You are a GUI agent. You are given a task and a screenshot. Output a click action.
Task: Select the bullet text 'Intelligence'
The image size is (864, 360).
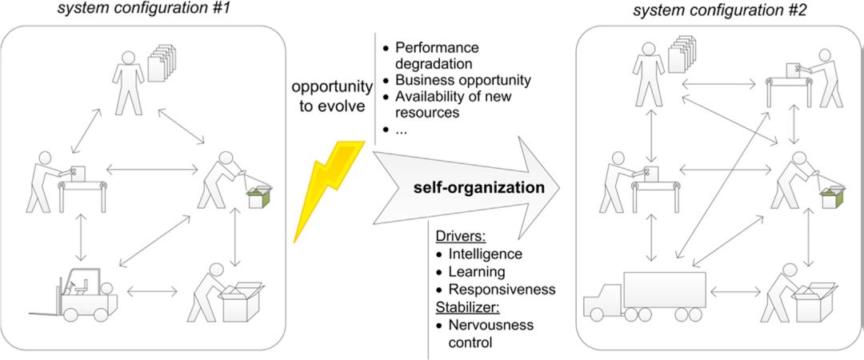click(485, 254)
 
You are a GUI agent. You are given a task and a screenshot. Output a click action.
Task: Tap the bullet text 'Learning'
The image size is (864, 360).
click(477, 272)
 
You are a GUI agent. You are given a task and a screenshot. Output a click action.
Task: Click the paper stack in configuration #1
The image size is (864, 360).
click(162, 62)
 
